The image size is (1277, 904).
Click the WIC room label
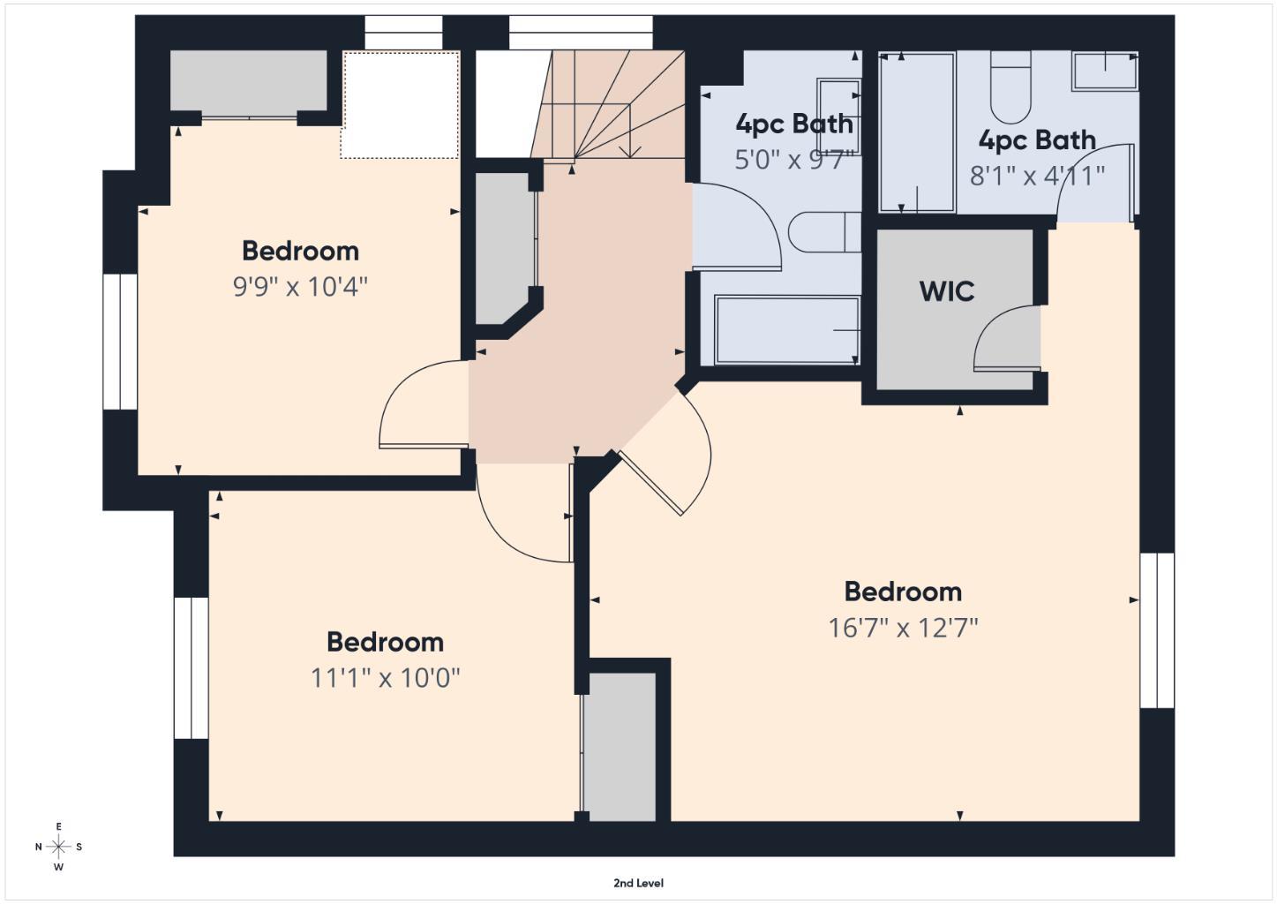(x=946, y=291)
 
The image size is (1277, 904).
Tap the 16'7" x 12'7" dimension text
(x=903, y=628)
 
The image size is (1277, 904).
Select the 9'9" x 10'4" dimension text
(x=300, y=287)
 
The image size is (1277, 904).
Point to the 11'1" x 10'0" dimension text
(x=385, y=678)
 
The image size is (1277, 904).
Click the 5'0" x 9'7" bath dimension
(x=794, y=160)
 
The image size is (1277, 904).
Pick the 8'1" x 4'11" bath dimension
(x=1037, y=176)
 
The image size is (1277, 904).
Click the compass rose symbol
(x=59, y=847)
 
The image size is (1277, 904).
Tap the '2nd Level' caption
(x=638, y=883)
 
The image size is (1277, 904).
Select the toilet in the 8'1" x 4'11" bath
(x=1010, y=87)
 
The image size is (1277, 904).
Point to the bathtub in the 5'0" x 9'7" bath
(x=786, y=330)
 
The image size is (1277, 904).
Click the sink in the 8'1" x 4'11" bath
(x=1104, y=71)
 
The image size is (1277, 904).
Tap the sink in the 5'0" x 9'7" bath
(x=838, y=106)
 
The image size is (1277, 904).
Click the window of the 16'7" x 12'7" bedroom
(x=1156, y=630)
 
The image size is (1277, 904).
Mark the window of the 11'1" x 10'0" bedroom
(x=191, y=667)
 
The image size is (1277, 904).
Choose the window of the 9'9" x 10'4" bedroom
(x=120, y=342)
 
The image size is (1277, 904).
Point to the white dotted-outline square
(x=401, y=105)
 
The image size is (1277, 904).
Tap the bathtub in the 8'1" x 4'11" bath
(x=917, y=132)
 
